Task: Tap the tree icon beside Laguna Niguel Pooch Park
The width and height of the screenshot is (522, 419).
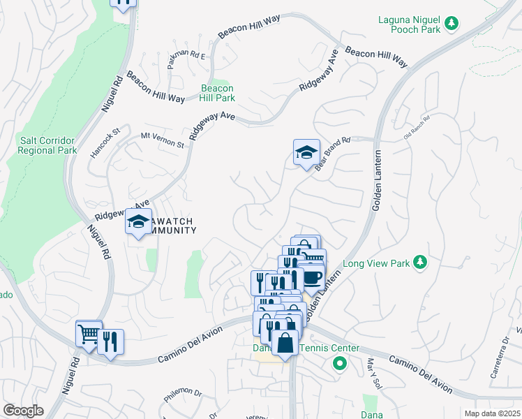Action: pyautogui.click(x=452, y=24)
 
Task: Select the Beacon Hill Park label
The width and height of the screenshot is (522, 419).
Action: pyautogui.click(x=217, y=94)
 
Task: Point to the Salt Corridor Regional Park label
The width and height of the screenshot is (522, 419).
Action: pyautogui.click(x=47, y=145)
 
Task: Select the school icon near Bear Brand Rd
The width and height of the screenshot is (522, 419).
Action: pyautogui.click(x=306, y=153)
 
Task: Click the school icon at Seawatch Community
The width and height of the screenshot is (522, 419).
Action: pyautogui.click(x=138, y=223)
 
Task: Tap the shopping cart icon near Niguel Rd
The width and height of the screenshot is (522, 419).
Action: pyautogui.click(x=89, y=335)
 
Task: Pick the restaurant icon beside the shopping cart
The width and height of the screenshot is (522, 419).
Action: pyautogui.click(x=110, y=342)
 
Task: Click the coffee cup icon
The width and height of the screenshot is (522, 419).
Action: pyautogui.click(x=312, y=277)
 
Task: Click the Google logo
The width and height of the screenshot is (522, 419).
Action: pyautogui.click(x=23, y=411)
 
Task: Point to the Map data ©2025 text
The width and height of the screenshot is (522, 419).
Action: pyautogui.click(x=493, y=413)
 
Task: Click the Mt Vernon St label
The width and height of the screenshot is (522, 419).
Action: pyautogui.click(x=162, y=140)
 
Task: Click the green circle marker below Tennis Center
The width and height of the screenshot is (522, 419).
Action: pyautogui.click(x=340, y=363)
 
